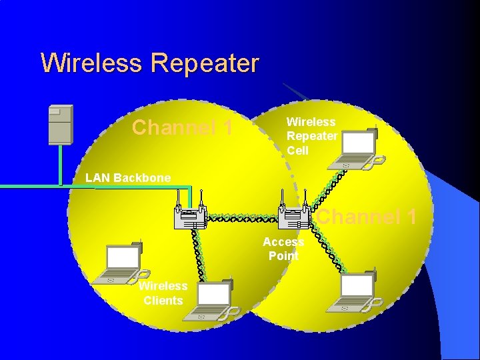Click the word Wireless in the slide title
click(91, 63)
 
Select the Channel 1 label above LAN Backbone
click(183, 127)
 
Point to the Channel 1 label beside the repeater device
click(367, 217)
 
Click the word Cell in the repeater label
click(298, 151)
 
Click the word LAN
click(99, 178)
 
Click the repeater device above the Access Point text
click(294, 213)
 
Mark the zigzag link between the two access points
click(241, 218)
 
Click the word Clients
click(163, 301)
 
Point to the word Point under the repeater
click(283, 256)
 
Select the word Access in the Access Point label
click(283, 242)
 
